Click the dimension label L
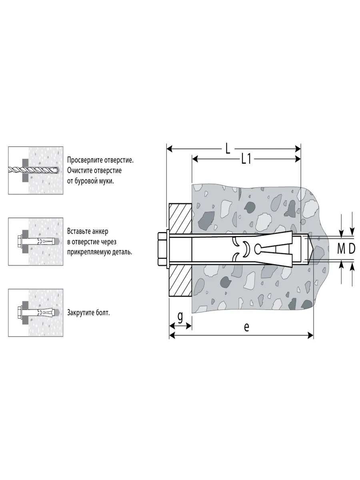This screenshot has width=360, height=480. click(x=227, y=149)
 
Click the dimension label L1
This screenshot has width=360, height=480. click(x=246, y=160)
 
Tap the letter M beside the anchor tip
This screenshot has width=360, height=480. click(x=340, y=249)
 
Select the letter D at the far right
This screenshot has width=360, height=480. click(x=352, y=249)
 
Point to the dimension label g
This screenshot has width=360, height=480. click(x=180, y=317)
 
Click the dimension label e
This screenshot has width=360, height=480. click(x=246, y=327)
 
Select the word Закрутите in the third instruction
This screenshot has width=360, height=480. click(x=81, y=312)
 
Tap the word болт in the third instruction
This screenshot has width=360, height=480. click(x=103, y=312)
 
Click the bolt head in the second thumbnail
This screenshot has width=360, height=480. click(x=19, y=242)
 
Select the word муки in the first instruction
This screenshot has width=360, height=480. click(x=106, y=181)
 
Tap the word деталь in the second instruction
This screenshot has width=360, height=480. click(x=121, y=252)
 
